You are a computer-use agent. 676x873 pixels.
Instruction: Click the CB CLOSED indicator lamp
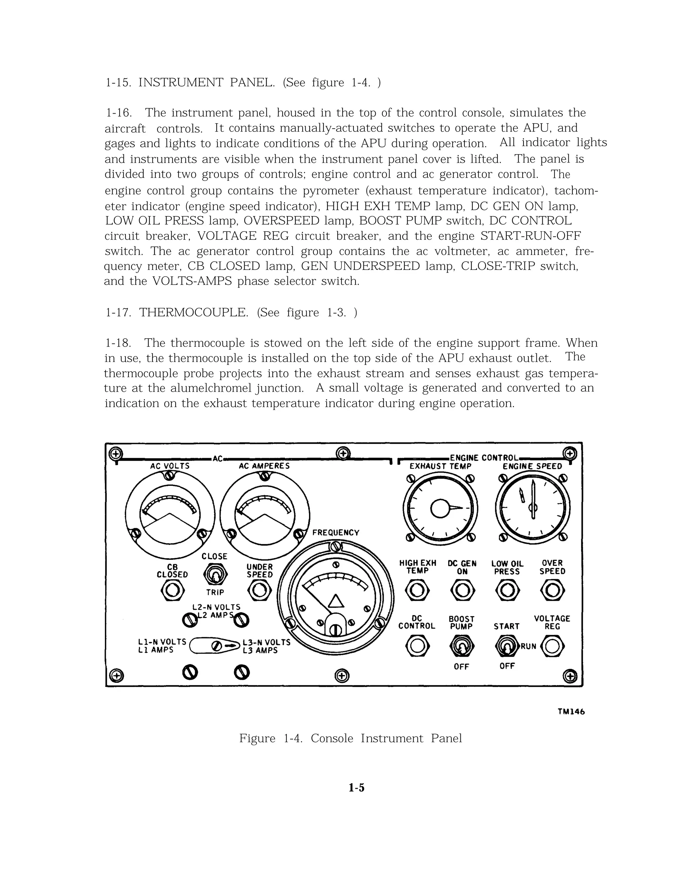pyautogui.click(x=172, y=590)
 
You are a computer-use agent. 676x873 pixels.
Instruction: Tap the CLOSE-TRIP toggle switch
pyautogui.click(x=215, y=575)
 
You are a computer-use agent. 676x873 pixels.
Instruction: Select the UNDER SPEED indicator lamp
pyautogui.click(x=259, y=590)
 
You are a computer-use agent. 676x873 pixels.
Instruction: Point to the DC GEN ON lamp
pyautogui.click(x=462, y=590)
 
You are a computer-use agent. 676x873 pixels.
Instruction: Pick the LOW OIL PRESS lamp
pyautogui.click(x=507, y=590)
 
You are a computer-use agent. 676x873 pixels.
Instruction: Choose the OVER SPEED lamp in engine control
pyautogui.click(x=552, y=590)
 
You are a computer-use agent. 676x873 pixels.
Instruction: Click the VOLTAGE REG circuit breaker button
pyautogui.click(x=552, y=646)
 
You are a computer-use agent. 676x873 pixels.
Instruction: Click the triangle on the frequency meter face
pyautogui.click(x=335, y=601)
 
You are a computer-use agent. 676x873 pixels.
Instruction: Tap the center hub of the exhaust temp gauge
pyautogui.click(x=440, y=508)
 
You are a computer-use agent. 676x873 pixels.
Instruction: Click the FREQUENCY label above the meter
pyautogui.click(x=336, y=533)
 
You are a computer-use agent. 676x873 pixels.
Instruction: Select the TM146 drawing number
pyautogui.click(x=571, y=712)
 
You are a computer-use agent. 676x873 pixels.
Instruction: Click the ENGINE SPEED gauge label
pyautogui.click(x=532, y=466)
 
